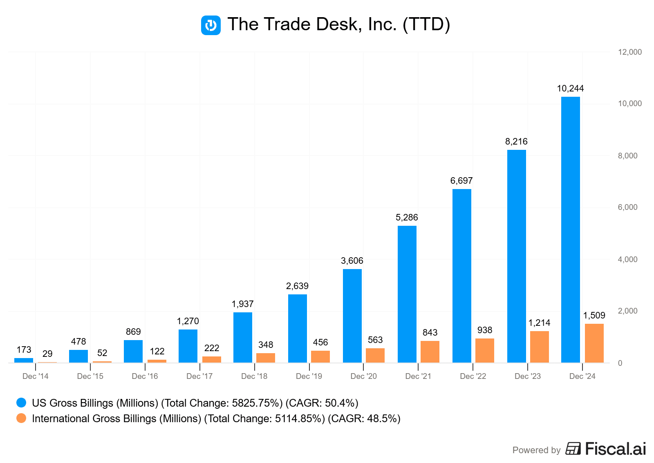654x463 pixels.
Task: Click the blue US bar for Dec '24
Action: click(570, 229)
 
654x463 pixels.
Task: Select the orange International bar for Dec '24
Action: click(594, 343)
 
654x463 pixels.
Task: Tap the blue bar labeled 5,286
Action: click(407, 294)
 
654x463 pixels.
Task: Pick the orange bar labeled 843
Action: click(430, 352)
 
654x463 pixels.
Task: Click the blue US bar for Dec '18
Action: click(242, 337)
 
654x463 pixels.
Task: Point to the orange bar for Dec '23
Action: click(539, 347)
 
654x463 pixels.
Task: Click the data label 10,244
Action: click(570, 89)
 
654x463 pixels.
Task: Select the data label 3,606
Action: click(352, 261)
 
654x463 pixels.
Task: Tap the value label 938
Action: click(485, 330)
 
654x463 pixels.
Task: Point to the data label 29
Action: click(47, 354)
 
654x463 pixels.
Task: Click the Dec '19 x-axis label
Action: click(309, 376)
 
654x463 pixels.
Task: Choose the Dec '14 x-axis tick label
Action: click(36, 376)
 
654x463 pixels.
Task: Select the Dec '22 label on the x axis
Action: click(473, 376)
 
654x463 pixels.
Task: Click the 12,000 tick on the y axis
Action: click(629, 52)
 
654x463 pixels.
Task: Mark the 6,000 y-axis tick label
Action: click(627, 207)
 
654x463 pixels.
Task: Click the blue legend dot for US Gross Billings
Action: click(21, 403)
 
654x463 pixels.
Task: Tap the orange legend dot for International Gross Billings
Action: click(21, 418)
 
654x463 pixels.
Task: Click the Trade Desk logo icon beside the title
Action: click(211, 25)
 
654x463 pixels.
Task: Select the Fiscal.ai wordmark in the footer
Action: click(615, 449)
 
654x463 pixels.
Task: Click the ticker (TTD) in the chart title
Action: click(426, 24)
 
